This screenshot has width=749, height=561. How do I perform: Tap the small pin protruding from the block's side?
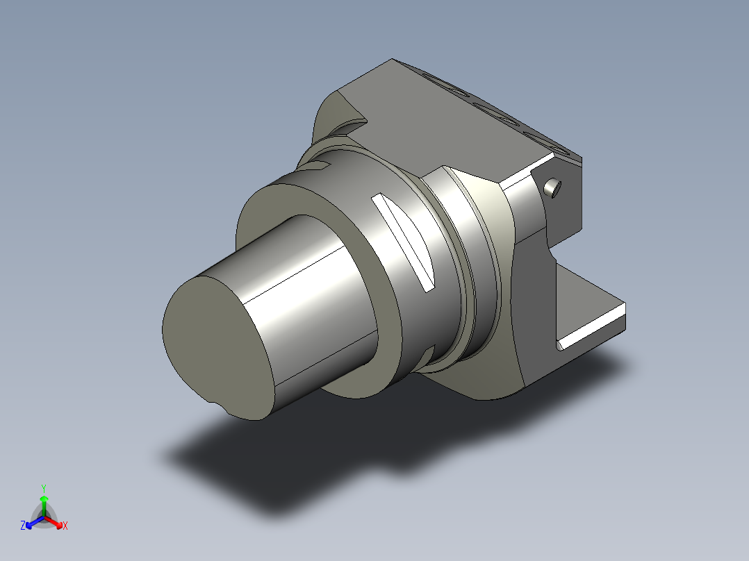[x=552, y=187]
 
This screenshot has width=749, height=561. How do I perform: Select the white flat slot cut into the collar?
[x=403, y=242]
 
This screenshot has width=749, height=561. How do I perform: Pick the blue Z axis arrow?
[x=35, y=523]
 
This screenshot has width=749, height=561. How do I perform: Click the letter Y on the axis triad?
[x=44, y=488]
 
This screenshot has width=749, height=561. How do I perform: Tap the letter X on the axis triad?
[x=65, y=526]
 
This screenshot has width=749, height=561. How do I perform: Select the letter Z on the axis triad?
[x=23, y=525]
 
